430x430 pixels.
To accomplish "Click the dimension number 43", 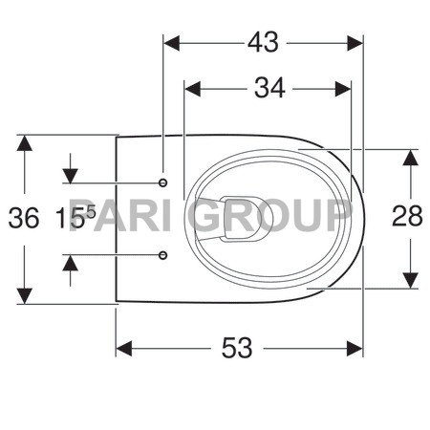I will pos(263,42).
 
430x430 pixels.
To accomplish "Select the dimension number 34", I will pos(269,88).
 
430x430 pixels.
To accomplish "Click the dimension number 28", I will pos(408,218).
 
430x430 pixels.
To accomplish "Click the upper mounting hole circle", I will pos(163,182).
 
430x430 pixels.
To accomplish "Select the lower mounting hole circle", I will pos(163,255).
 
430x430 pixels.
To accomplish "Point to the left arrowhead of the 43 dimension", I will pos(173,42).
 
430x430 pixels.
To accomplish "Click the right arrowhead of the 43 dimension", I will pos(355,42).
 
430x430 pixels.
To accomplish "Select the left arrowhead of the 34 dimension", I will pos(191,89).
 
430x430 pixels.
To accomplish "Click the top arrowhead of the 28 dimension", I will pos(409,157).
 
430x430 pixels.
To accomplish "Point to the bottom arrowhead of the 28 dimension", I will pos(409,280).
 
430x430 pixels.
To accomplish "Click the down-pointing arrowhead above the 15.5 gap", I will pos(70,175).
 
